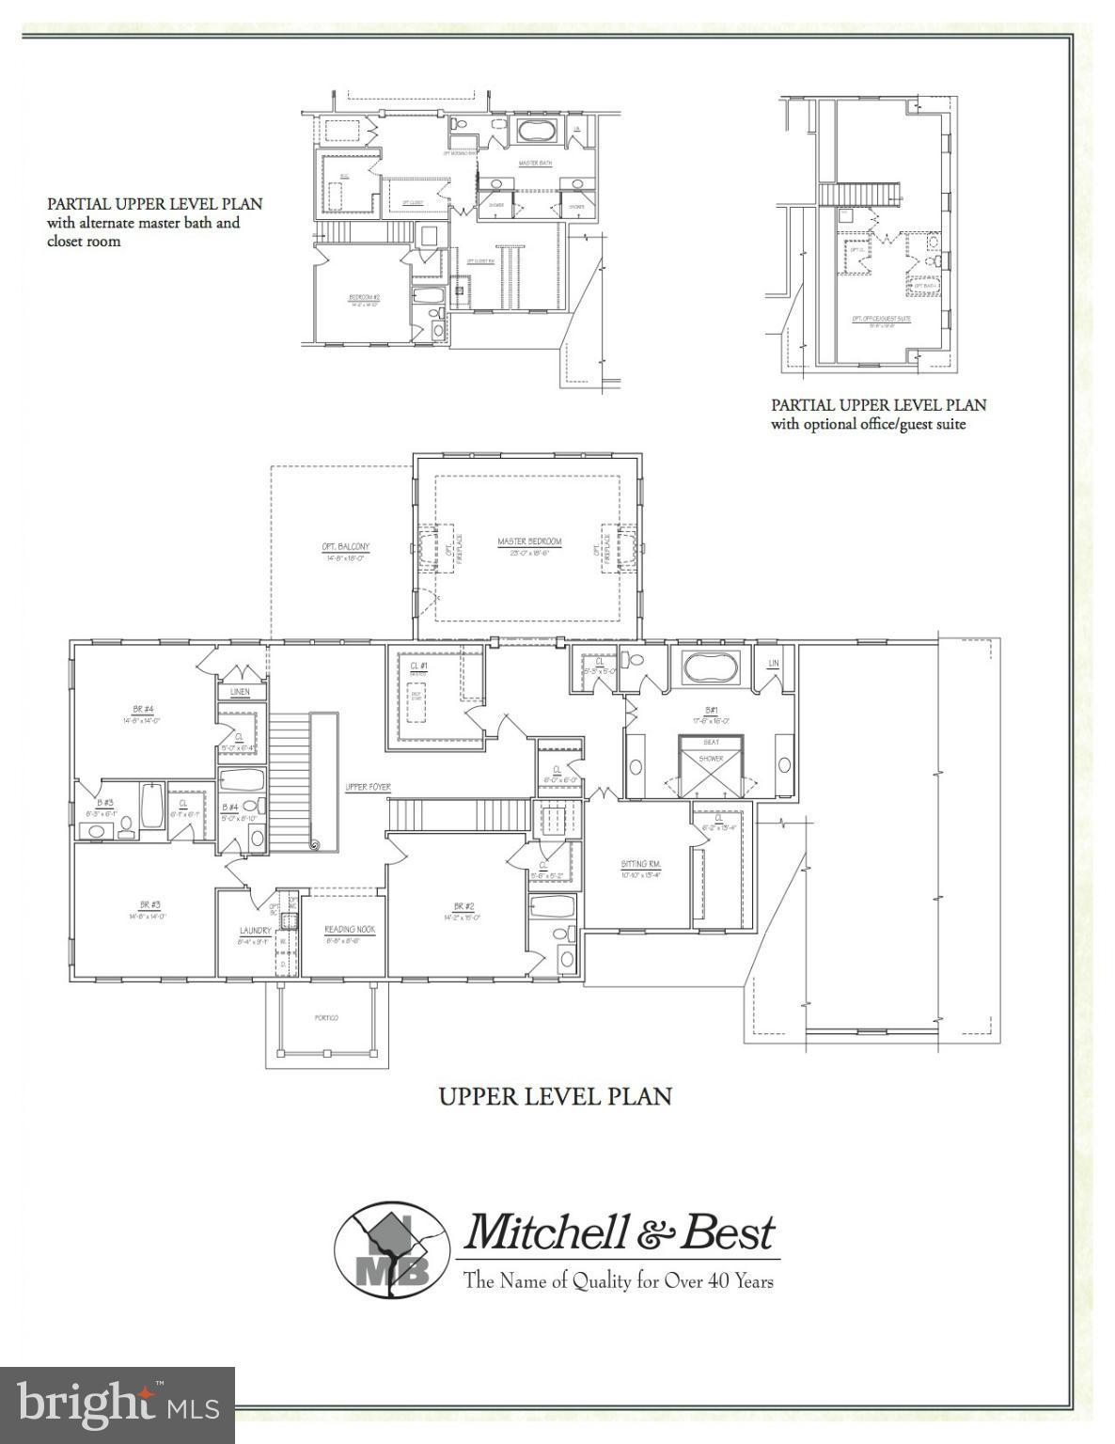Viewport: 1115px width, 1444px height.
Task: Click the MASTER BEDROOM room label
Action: tap(529, 541)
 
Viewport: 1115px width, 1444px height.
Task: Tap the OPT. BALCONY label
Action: tap(345, 547)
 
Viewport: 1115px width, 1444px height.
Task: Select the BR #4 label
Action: tap(143, 710)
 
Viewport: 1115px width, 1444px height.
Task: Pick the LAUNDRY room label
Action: tap(255, 931)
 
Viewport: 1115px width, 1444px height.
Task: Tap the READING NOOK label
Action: tap(350, 930)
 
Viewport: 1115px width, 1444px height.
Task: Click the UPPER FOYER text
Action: tap(368, 787)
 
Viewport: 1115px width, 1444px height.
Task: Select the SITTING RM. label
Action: tap(642, 864)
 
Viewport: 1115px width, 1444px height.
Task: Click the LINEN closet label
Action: tap(240, 693)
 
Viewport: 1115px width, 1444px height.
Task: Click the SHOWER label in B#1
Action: tap(711, 758)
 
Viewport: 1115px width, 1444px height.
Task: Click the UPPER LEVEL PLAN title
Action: tap(556, 1096)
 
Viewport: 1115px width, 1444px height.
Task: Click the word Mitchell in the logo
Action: tap(546, 1232)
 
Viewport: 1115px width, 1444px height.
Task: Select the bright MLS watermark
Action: tap(118, 1405)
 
